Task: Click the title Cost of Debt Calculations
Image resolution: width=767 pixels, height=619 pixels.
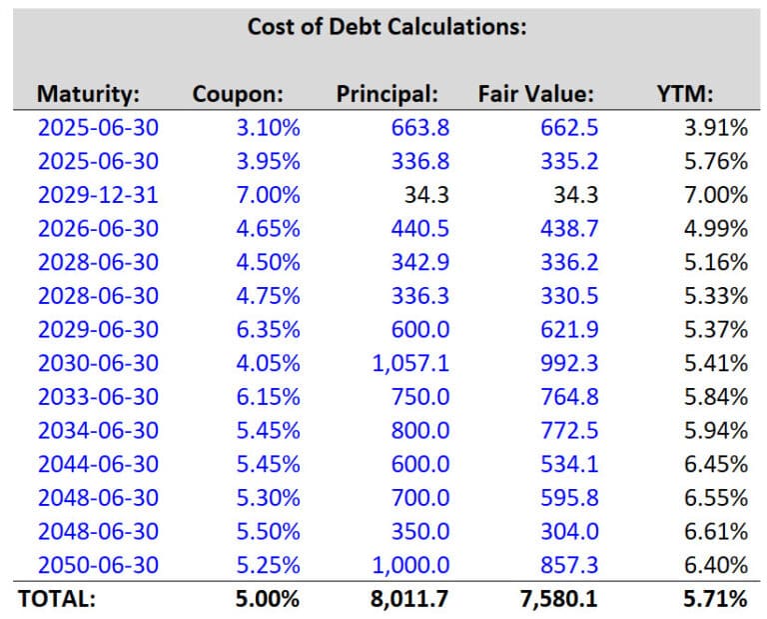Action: coord(385,26)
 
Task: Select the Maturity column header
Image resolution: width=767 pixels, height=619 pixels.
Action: coord(88,94)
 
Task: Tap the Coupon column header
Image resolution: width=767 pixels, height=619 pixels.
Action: coord(238,94)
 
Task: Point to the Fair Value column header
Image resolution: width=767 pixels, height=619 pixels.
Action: coord(536,94)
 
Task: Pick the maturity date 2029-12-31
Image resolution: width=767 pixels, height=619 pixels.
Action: coord(98,195)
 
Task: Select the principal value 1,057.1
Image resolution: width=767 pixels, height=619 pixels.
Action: coord(409,363)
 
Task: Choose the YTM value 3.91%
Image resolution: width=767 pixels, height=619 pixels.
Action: coord(716,128)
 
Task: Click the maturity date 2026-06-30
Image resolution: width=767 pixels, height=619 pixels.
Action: coord(98,229)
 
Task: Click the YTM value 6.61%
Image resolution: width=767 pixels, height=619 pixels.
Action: coord(716,531)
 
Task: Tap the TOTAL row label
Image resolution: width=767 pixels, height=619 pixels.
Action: coord(57,599)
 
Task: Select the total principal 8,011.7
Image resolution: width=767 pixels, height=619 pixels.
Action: coord(409,599)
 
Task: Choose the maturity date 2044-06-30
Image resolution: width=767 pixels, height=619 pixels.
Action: coord(98,464)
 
